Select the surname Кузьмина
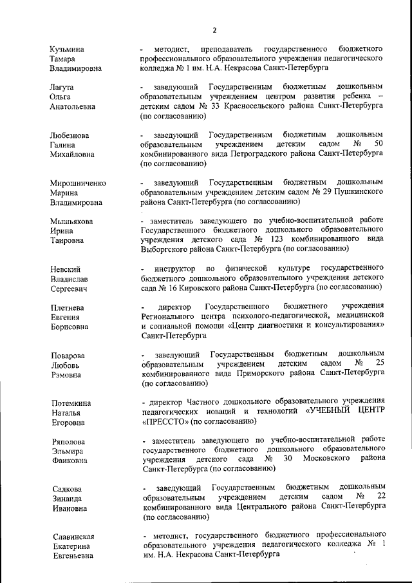(x=70, y=49)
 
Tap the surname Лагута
(x=63, y=87)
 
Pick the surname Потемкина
(x=71, y=403)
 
